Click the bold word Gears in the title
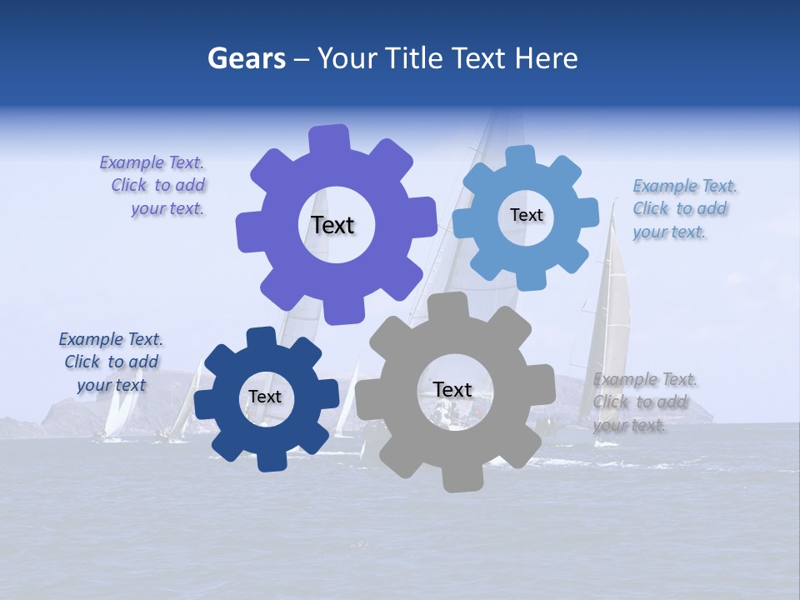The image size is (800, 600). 246,59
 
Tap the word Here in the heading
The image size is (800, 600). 546,59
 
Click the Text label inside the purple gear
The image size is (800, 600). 332,225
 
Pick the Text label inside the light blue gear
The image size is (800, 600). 526,215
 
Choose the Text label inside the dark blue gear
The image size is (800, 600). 265,397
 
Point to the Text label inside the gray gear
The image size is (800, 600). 452,389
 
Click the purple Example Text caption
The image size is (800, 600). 152,186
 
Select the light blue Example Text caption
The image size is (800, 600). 683,209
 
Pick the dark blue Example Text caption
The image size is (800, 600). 112,362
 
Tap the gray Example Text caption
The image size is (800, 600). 644,402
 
